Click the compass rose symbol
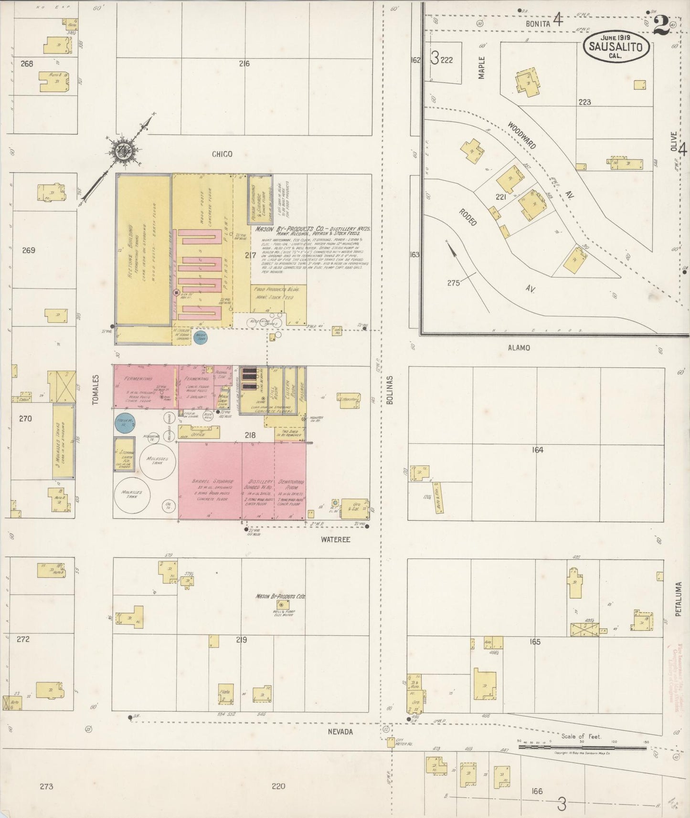125,151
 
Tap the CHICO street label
222,154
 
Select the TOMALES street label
96,390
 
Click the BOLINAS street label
389,390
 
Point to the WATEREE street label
335,540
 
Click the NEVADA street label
340,732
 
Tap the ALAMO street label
519,348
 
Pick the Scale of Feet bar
582,747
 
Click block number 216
244,63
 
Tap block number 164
538,450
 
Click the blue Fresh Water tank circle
125,422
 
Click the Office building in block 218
199,433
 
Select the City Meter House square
391,743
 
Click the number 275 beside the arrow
453,283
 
